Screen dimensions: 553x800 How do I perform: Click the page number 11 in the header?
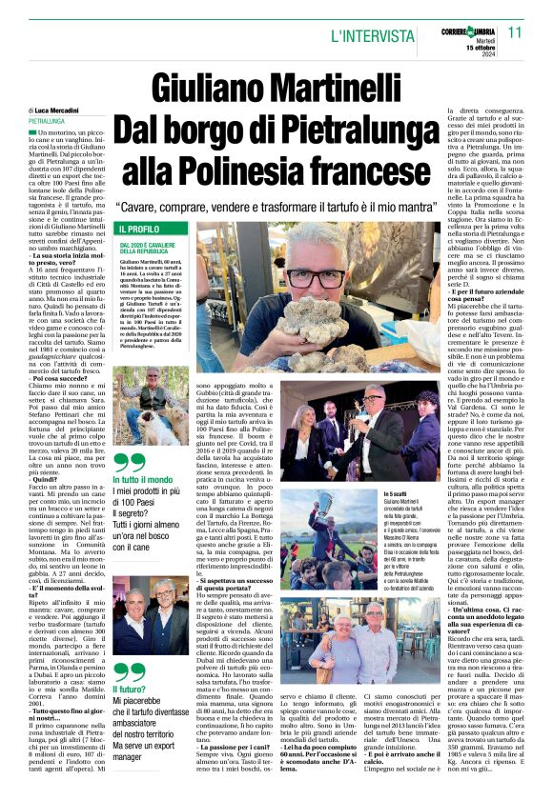[515, 31]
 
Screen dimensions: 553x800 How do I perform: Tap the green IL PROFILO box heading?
[139, 230]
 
